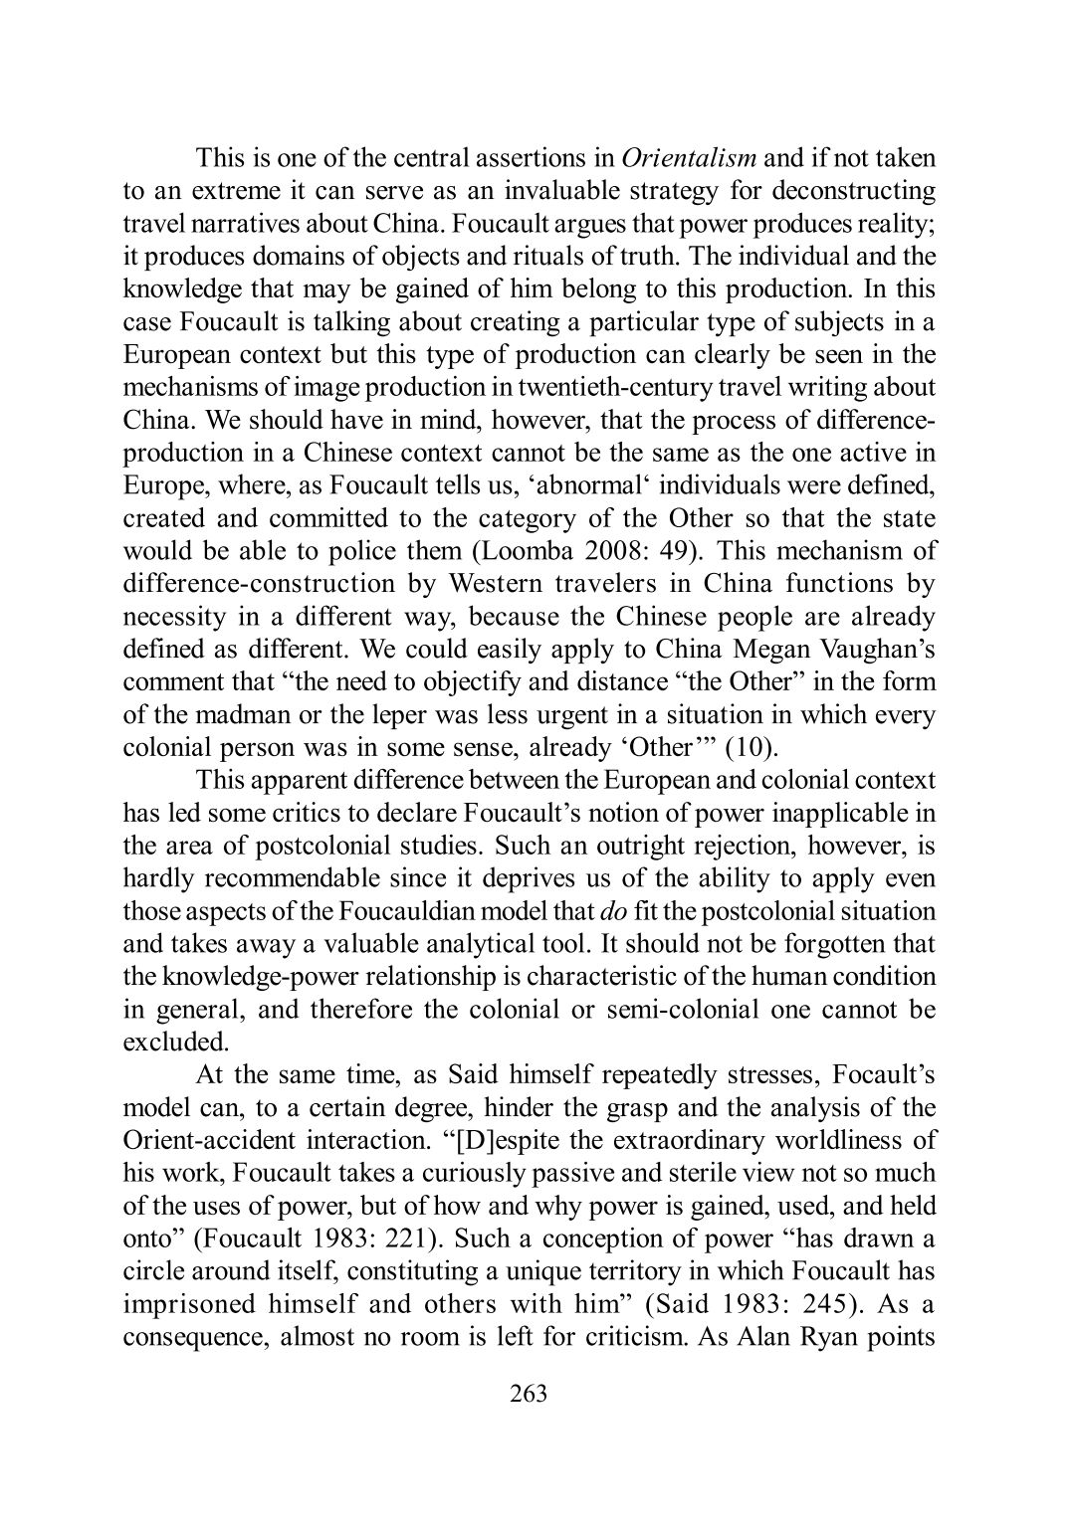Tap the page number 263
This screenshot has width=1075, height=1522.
[x=529, y=1394]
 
